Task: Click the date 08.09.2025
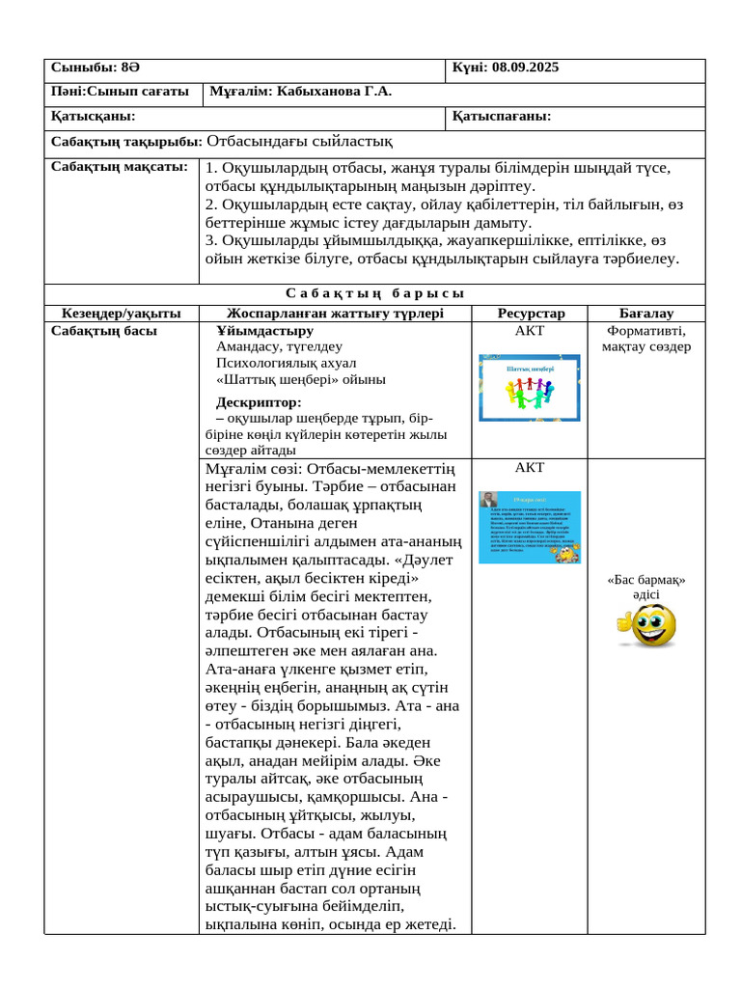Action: click(x=525, y=69)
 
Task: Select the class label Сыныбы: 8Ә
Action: click(x=95, y=69)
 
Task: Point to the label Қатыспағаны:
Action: click(x=502, y=117)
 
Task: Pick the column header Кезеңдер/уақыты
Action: click(x=122, y=314)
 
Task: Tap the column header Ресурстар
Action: click(x=531, y=314)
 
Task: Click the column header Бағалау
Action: click(x=646, y=314)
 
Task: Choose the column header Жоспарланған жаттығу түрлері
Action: click(x=335, y=314)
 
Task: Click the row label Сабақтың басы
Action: click(x=105, y=331)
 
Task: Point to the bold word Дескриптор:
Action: click(x=259, y=402)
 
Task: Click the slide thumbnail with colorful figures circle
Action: click(x=530, y=388)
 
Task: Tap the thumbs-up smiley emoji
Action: click(x=645, y=625)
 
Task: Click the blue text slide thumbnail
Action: click(x=530, y=527)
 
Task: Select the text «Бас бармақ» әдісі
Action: click(x=646, y=588)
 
